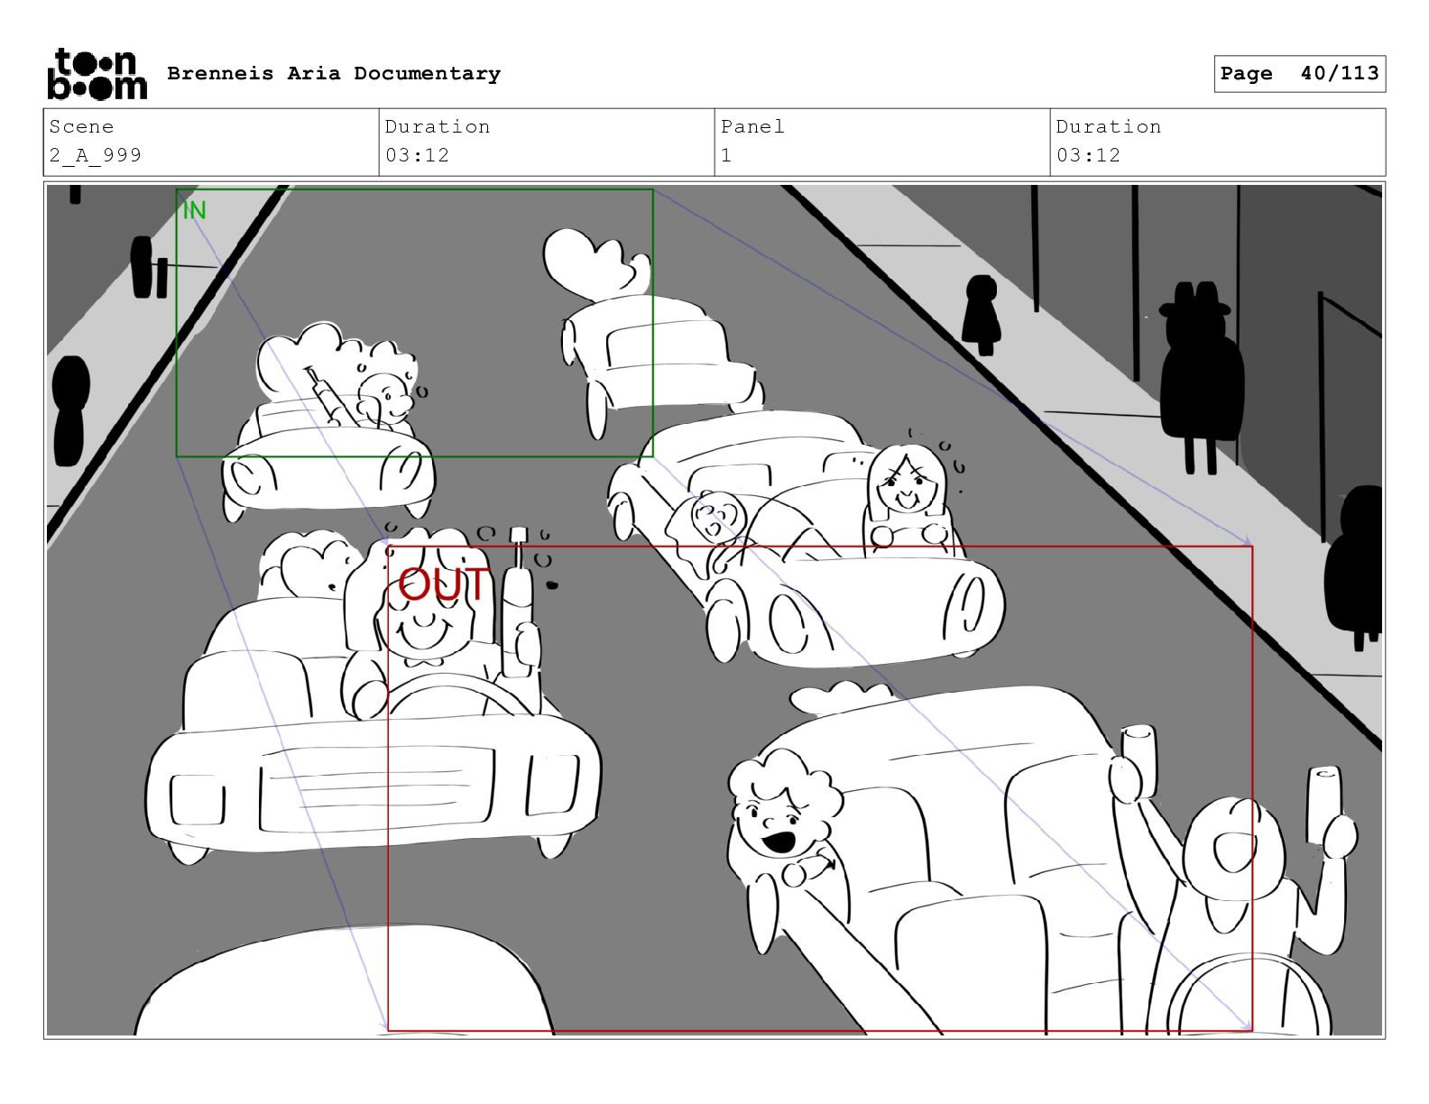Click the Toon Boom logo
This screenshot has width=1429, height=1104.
(x=97, y=74)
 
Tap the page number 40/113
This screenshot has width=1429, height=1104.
(x=1339, y=73)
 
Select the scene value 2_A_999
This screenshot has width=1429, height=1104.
(x=96, y=155)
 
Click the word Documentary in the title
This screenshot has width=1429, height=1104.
(x=427, y=74)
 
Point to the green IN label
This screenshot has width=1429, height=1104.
(x=194, y=210)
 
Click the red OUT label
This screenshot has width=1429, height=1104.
(x=444, y=584)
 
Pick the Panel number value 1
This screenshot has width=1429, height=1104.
(x=726, y=155)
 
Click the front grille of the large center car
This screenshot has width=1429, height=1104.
(x=376, y=788)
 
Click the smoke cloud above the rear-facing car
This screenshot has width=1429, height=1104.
(x=595, y=261)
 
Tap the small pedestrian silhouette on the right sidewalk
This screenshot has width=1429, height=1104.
(x=982, y=314)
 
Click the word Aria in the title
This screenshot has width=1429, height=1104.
(x=314, y=73)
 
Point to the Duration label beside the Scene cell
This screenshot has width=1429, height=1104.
(x=438, y=126)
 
